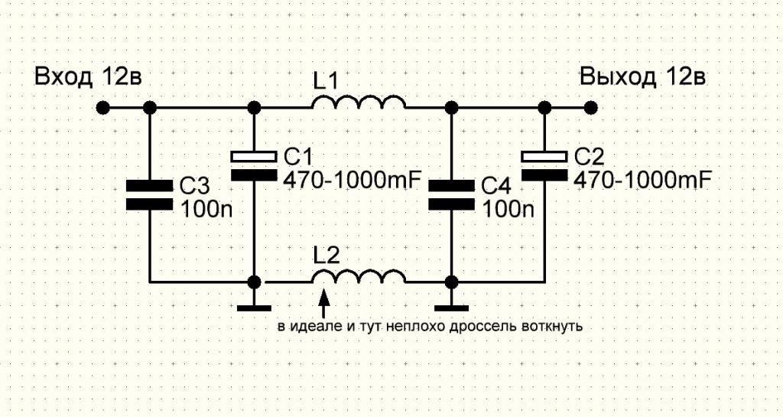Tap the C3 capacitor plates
pyautogui.click(x=150, y=194)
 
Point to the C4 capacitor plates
pyautogui.click(x=451, y=194)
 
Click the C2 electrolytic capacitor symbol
pyautogui.click(x=544, y=165)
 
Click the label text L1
pyautogui.click(x=325, y=80)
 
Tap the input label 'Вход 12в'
pyautogui.click(x=88, y=77)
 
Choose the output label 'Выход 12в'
pyautogui.click(x=642, y=77)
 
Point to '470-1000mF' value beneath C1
pyautogui.click(x=352, y=181)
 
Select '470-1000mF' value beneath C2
pyautogui.click(x=642, y=181)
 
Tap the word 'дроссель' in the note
pyautogui.click(x=489, y=327)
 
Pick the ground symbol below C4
pyautogui.click(x=451, y=308)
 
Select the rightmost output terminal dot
pyautogui.click(x=590, y=107)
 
